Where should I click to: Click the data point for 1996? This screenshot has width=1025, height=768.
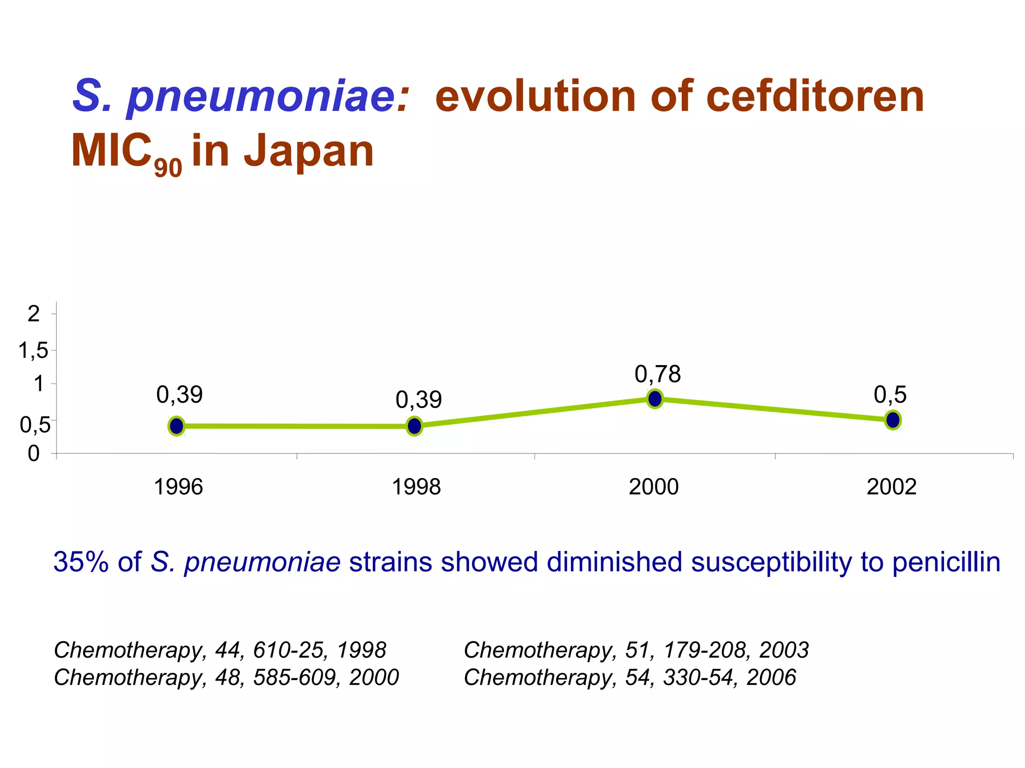pyautogui.click(x=176, y=426)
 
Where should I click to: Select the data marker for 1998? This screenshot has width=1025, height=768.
pyautogui.click(x=414, y=426)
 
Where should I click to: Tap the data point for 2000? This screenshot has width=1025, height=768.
pyautogui.click(x=655, y=398)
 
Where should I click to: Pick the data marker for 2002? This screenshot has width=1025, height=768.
pyautogui.click(x=893, y=420)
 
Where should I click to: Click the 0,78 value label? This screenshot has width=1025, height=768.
pyautogui.click(x=658, y=374)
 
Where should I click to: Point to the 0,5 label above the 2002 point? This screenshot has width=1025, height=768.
pyautogui.click(x=890, y=395)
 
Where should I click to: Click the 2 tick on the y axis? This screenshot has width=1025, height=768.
pyautogui.click(x=34, y=314)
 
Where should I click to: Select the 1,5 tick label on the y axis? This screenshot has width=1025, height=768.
pyautogui.click(x=34, y=351)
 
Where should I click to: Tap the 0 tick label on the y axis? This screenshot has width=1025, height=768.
pyautogui.click(x=34, y=453)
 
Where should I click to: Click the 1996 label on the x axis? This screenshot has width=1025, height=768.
pyautogui.click(x=178, y=487)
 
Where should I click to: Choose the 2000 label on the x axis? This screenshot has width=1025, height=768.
pyautogui.click(x=654, y=487)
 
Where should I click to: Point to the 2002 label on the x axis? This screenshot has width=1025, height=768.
pyautogui.click(x=891, y=487)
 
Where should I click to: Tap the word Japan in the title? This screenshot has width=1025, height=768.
pyautogui.click(x=309, y=150)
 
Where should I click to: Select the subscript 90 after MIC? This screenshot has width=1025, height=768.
pyautogui.click(x=168, y=168)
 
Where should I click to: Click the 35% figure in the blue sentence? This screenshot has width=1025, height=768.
pyautogui.click(x=81, y=562)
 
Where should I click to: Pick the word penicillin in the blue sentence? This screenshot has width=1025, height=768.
pyautogui.click(x=946, y=562)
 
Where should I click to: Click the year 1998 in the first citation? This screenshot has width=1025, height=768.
pyautogui.click(x=361, y=650)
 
